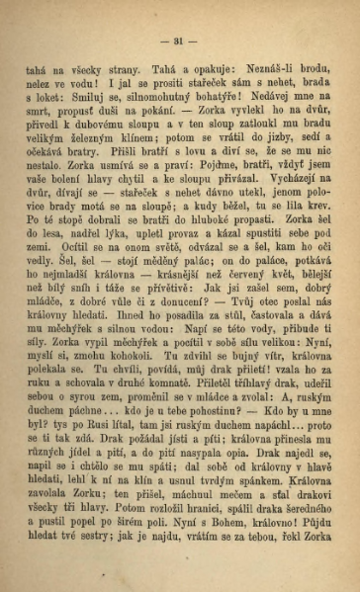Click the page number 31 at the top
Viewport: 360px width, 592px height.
coord(179,41)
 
